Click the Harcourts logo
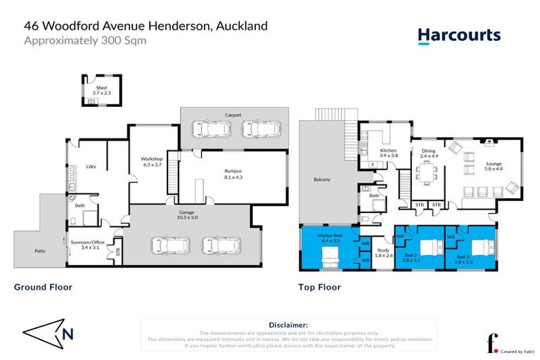pyautogui.click(x=458, y=35)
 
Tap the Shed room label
pyautogui.click(x=91, y=89)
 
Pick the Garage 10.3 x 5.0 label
pyautogui.click(x=186, y=215)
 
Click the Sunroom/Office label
pyautogui.click(x=90, y=245)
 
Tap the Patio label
pyautogui.click(x=40, y=250)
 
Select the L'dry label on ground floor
pyautogui.click(x=91, y=166)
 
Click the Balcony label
pyautogui.click(x=321, y=180)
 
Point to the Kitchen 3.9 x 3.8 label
pyautogui.click(x=389, y=154)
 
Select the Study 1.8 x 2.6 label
pyautogui.click(x=382, y=252)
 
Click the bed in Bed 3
pyautogui.click(x=482, y=247)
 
